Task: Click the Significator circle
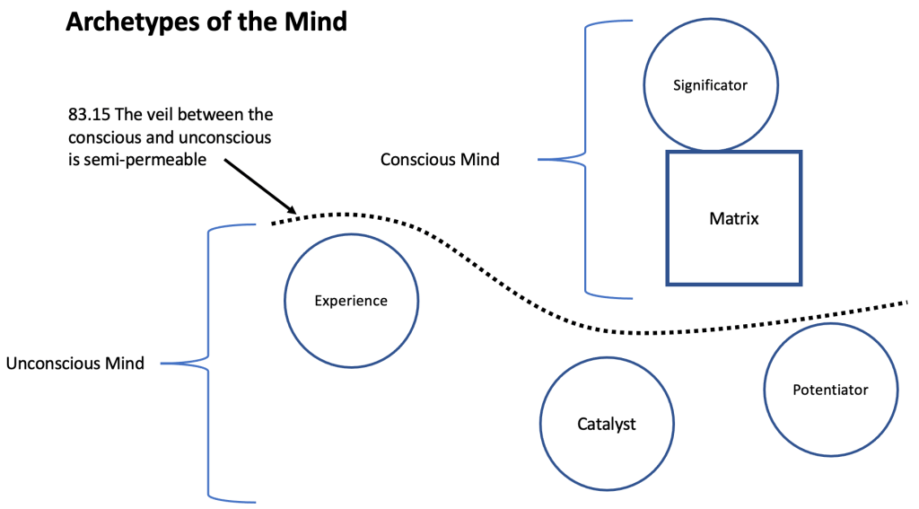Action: click(710, 84)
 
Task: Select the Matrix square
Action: click(733, 218)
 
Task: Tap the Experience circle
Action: click(350, 300)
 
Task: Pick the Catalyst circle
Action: click(606, 424)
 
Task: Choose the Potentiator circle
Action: click(830, 390)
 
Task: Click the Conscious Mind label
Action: click(440, 160)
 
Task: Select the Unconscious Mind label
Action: click(74, 364)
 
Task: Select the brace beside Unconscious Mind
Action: click(208, 364)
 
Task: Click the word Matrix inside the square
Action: click(733, 218)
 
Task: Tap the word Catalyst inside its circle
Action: click(606, 424)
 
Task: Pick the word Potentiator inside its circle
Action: click(830, 390)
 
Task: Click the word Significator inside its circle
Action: click(710, 85)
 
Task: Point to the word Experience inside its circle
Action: click(350, 301)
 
